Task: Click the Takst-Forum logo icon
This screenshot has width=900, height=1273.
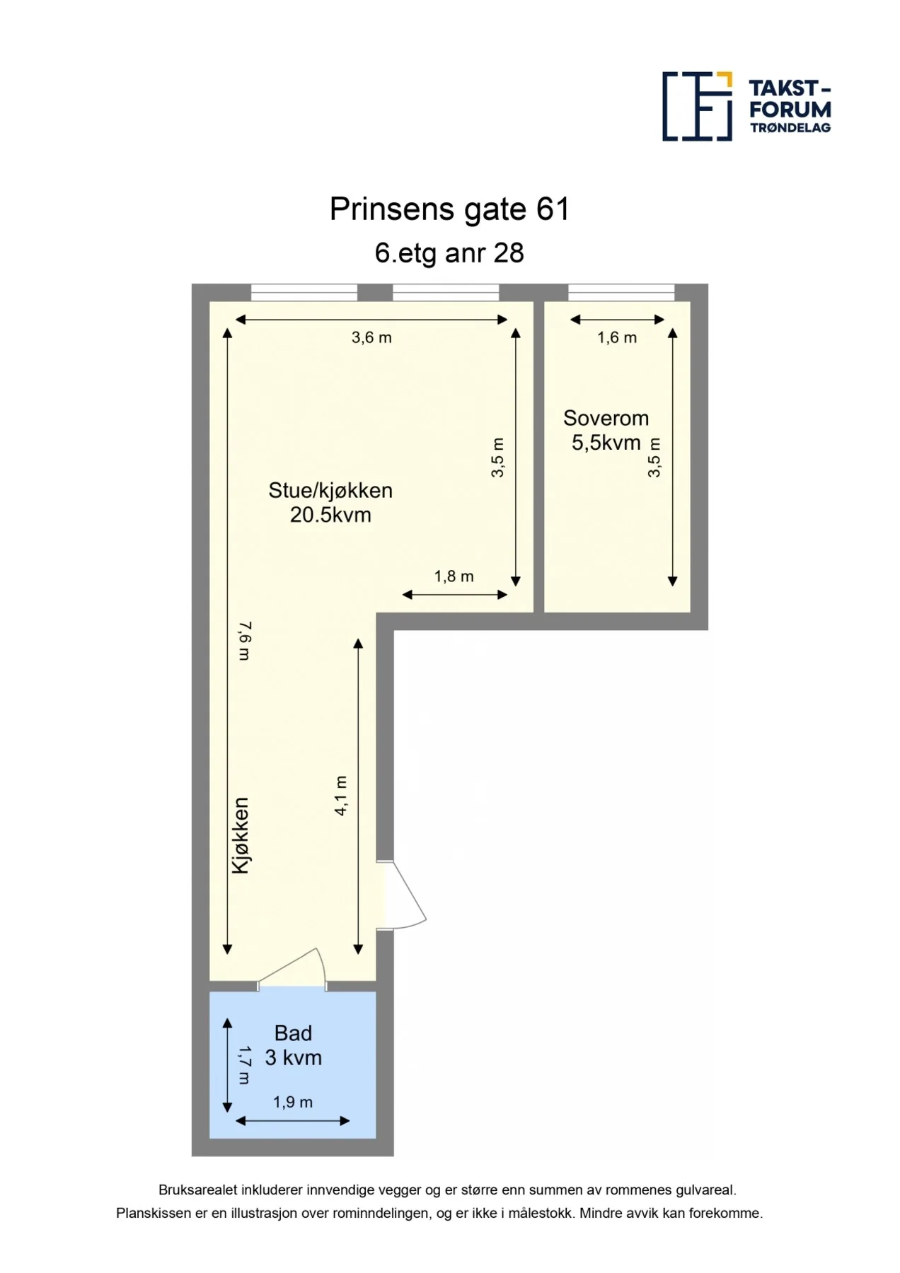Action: click(x=697, y=106)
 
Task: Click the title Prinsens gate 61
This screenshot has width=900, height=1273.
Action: click(x=449, y=209)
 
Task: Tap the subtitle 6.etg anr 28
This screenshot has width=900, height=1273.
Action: click(x=449, y=253)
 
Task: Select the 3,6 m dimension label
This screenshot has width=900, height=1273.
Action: click(x=371, y=338)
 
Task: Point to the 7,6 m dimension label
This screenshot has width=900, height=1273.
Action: click(x=244, y=641)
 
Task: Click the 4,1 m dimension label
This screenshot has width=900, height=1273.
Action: click(x=341, y=796)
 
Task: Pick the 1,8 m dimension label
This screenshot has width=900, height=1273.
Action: click(x=454, y=576)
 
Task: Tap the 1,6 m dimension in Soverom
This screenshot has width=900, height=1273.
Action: click(x=617, y=338)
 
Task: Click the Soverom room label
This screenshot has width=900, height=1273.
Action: click(x=606, y=418)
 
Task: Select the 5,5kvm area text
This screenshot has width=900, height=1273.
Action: click(x=606, y=443)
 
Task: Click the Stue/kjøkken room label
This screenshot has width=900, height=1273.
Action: click(x=330, y=490)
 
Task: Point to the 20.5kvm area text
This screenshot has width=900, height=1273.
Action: click(x=330, y=515)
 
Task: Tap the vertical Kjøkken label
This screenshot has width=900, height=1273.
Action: click(x=241, y=835)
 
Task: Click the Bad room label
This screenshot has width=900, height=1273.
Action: click(x=293, y=1033)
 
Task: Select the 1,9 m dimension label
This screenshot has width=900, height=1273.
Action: click(x=293, y=1102)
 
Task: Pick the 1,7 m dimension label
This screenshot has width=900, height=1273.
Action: click(x=244, y=1065)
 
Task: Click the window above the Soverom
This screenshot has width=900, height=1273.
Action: click(x=621, y=292)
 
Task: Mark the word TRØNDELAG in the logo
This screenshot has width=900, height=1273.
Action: click(x=790, y=128)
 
